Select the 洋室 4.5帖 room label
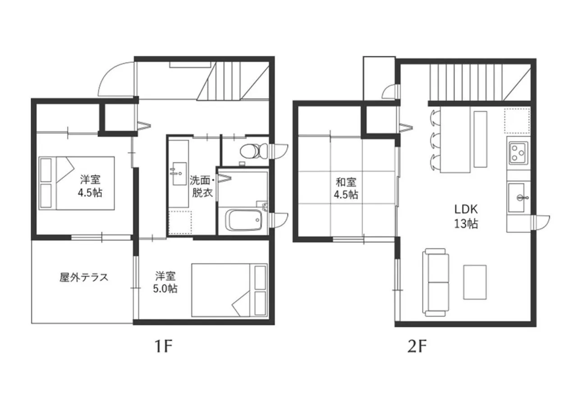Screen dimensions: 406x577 point(91,185)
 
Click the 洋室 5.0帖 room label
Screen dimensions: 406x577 point(166,282)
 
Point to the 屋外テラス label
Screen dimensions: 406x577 point(84,277)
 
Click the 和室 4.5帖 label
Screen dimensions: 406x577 point(346,188)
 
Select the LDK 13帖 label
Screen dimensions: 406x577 point(466,216)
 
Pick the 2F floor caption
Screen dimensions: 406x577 point(417,346)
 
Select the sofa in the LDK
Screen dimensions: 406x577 point(435,281)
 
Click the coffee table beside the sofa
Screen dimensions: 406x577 point(475,282)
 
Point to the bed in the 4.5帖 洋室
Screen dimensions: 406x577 point(77,183)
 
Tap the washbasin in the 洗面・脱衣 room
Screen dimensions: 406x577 point(179,171)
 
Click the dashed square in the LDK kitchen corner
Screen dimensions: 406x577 point(517,121)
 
